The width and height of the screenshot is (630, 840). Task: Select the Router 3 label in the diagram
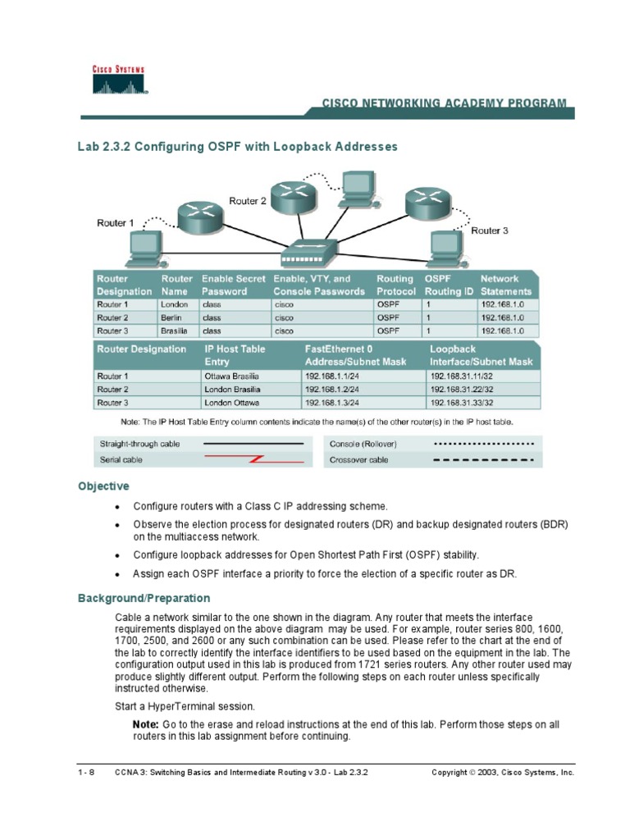tap(490, 231)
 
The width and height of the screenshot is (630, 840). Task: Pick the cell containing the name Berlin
tap(172, 317)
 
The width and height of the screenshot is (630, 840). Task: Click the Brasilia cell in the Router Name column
tap(175, 331)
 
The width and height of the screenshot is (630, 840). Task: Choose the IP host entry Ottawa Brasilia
tap(232, 377)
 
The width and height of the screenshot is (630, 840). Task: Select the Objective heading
tap(103, 486)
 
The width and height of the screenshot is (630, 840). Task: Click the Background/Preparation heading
tap(144, 598)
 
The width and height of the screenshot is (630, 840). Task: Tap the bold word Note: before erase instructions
tap(146, 724)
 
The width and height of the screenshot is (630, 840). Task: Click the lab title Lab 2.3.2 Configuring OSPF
tap(237, 147)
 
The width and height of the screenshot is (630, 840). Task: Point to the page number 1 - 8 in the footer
tap(87, 773)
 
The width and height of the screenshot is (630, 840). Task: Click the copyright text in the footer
tap(502, 773)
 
